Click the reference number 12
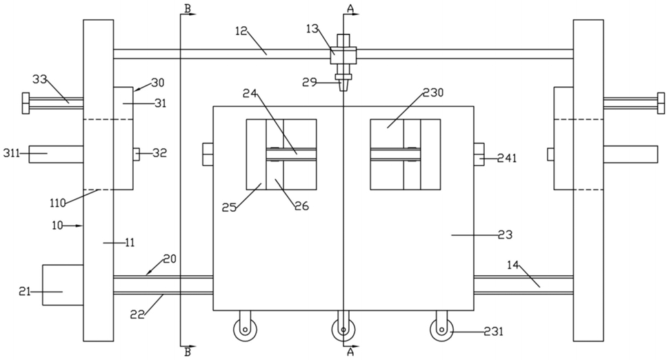pos(241,31)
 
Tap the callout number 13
pos(312,29)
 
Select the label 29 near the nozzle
pos(310,82)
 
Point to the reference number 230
pos(433,92)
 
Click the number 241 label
pos(507,158)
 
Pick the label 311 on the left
pos(12,152)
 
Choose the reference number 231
pos(494,331)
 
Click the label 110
pos(58,203)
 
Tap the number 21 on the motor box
pos(25,292)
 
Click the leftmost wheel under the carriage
pos(244,330)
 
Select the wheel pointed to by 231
pos(441,330)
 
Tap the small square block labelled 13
pos(343,55)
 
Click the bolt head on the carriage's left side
pos(208,154)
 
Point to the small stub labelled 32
pos(137,154)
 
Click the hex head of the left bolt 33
pos(26,103)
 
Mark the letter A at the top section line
pos(350,8)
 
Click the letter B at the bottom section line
pos(188,352)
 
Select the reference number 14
pos(513,265)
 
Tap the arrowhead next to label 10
pos(79,226)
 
